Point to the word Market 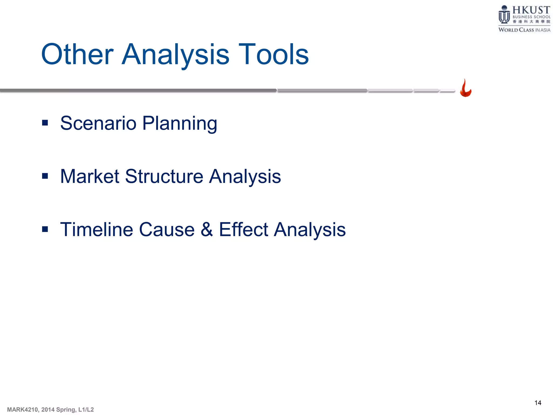point(90,176)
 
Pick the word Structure point(164,176)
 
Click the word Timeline point(96,230)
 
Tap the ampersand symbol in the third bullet point(207,230)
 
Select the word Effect point(244,230)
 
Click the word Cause point(167,230)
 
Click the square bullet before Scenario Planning point(45,123)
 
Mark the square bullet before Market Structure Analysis point(45,176)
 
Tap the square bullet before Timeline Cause point(45,230)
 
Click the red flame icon point(466,89)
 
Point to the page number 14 point(538,403)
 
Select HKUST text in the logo point(531,10)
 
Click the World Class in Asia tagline point(524,30)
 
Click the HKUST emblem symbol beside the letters point(504,15)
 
